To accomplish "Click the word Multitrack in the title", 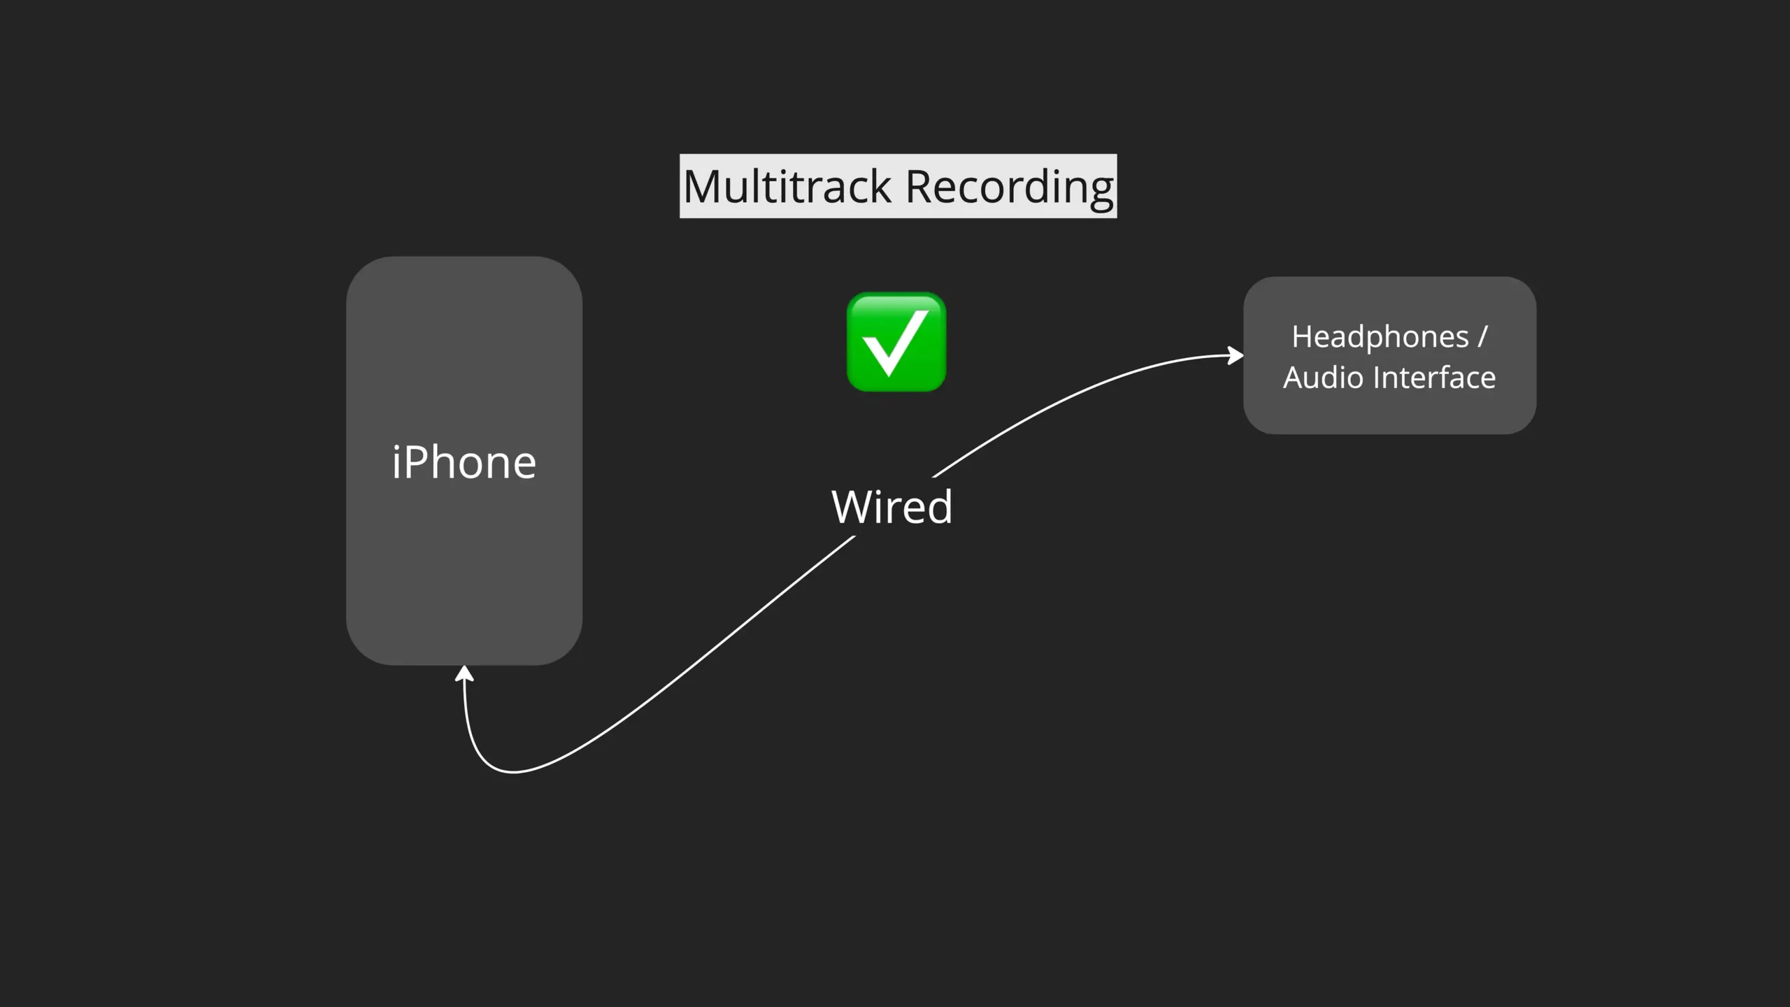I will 787,187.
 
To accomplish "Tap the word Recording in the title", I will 1009,187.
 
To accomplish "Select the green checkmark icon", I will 896,342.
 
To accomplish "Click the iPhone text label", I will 464,462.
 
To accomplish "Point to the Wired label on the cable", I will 892,506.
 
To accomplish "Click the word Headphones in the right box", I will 1380,337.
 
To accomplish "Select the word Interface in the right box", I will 1434,378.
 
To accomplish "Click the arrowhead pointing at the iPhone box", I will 464,673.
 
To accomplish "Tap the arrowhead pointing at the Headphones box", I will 1236,356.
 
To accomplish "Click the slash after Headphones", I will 1482,337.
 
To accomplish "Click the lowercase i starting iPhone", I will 396,462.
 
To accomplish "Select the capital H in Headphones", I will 1301,337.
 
